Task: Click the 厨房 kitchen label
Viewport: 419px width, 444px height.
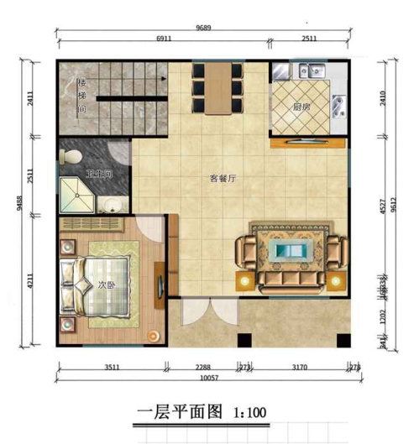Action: point(301,107)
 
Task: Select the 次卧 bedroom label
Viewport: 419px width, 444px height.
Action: point(106,284)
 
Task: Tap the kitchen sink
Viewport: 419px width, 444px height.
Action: point(308,71)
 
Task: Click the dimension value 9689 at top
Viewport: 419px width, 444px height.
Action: point(203,27)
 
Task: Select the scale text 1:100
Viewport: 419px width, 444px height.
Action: point(249,412)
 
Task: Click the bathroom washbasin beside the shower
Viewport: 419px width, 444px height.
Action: point(110,203)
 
